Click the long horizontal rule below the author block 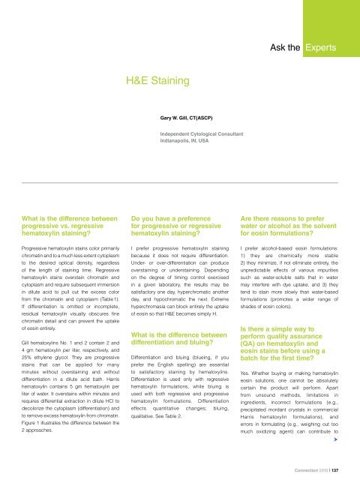pyautogui.click(x=180, y=182)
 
